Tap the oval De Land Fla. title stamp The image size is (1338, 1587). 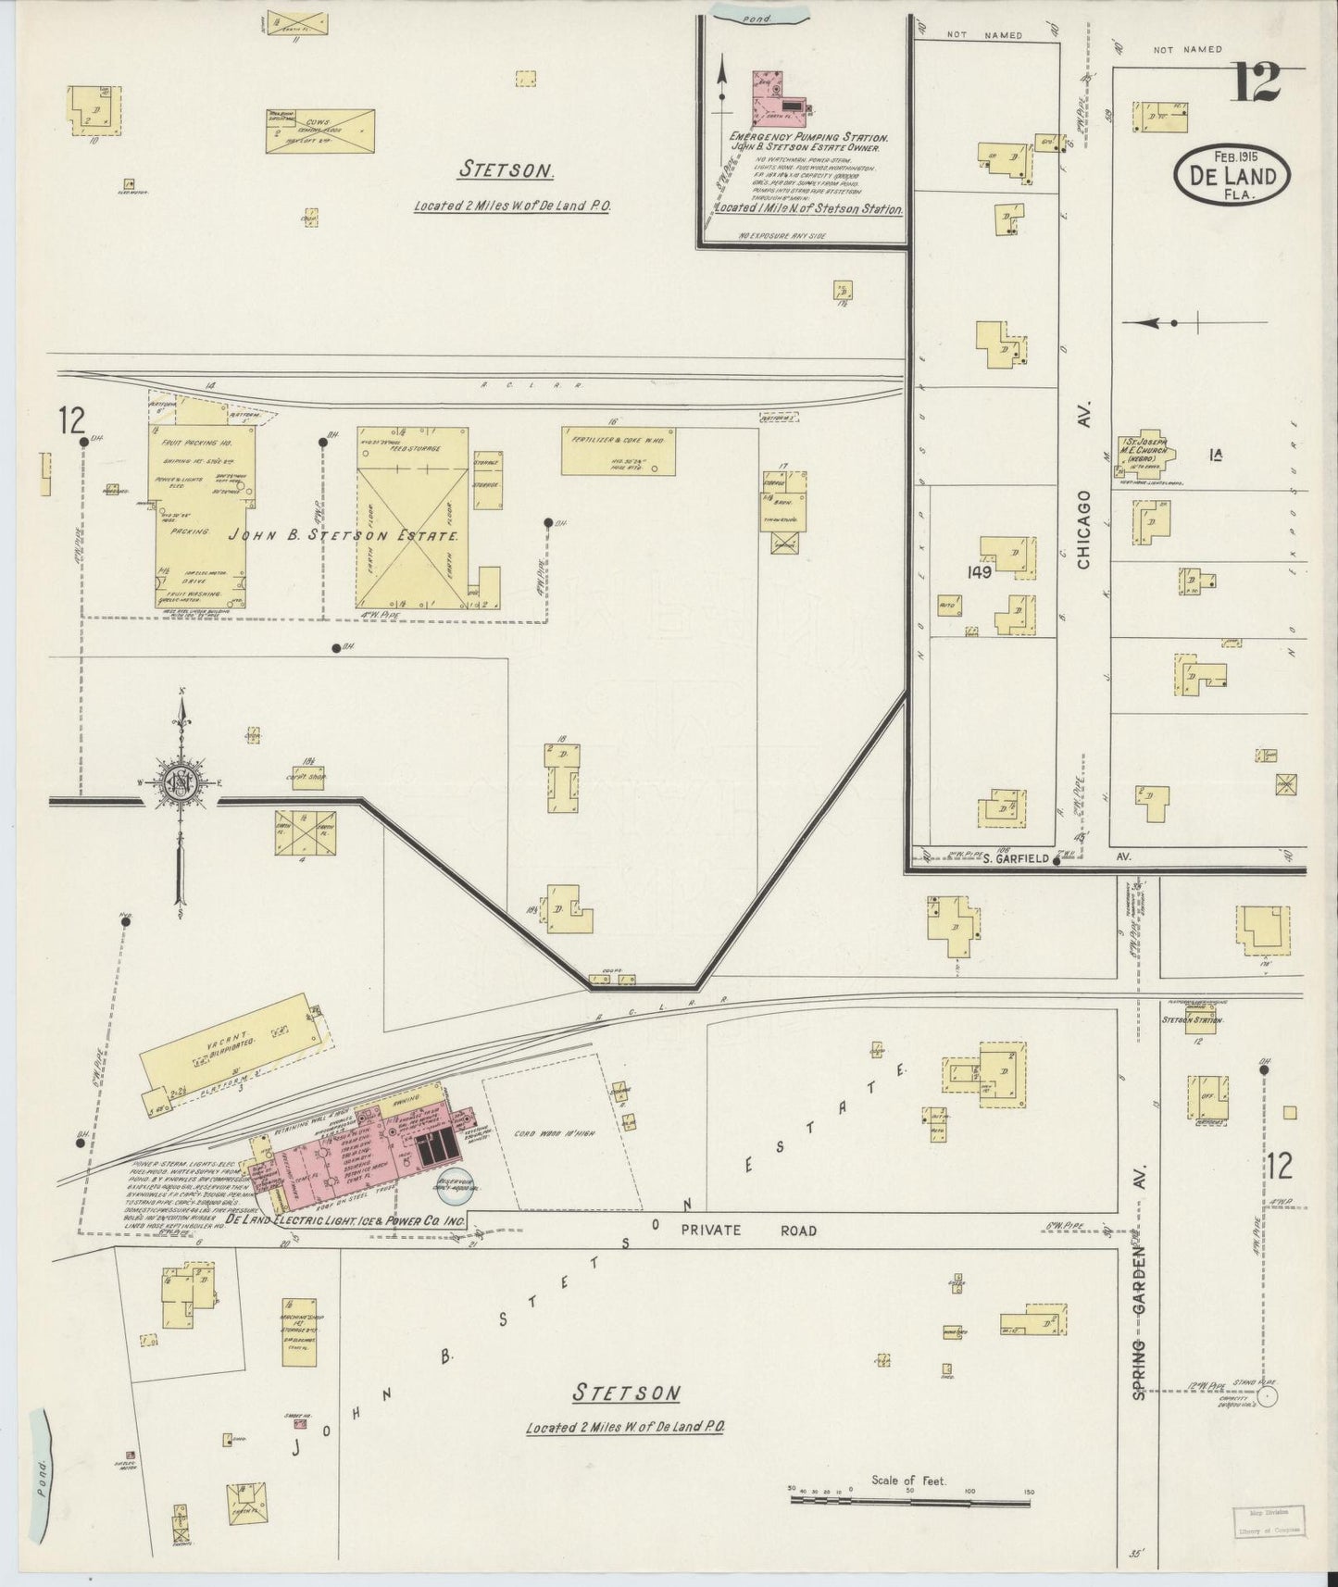pos(1232,175)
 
